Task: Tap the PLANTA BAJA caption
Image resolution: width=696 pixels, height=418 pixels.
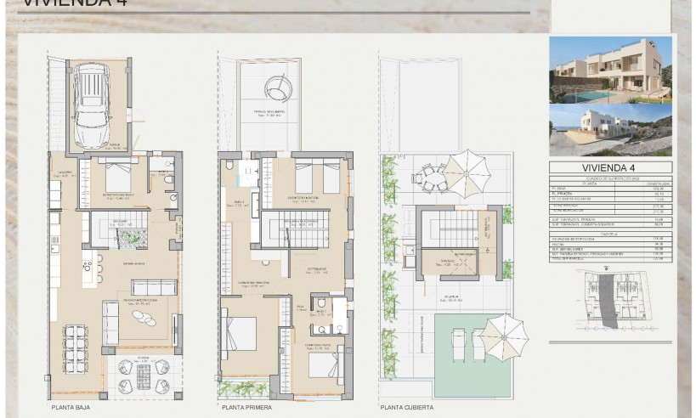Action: tap(71, 408)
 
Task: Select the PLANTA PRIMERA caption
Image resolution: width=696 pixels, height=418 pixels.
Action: tap(246, 408)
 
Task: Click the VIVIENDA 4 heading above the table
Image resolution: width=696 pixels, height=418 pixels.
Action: tap(609, 168)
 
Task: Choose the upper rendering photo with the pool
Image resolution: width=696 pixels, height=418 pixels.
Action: tap(610, 70)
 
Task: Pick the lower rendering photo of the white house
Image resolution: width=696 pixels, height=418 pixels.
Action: tap(610, 130)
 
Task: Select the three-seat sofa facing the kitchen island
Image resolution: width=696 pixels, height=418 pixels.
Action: tap(153, 286)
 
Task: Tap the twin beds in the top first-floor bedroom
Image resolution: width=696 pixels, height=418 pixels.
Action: tap(316, 177)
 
